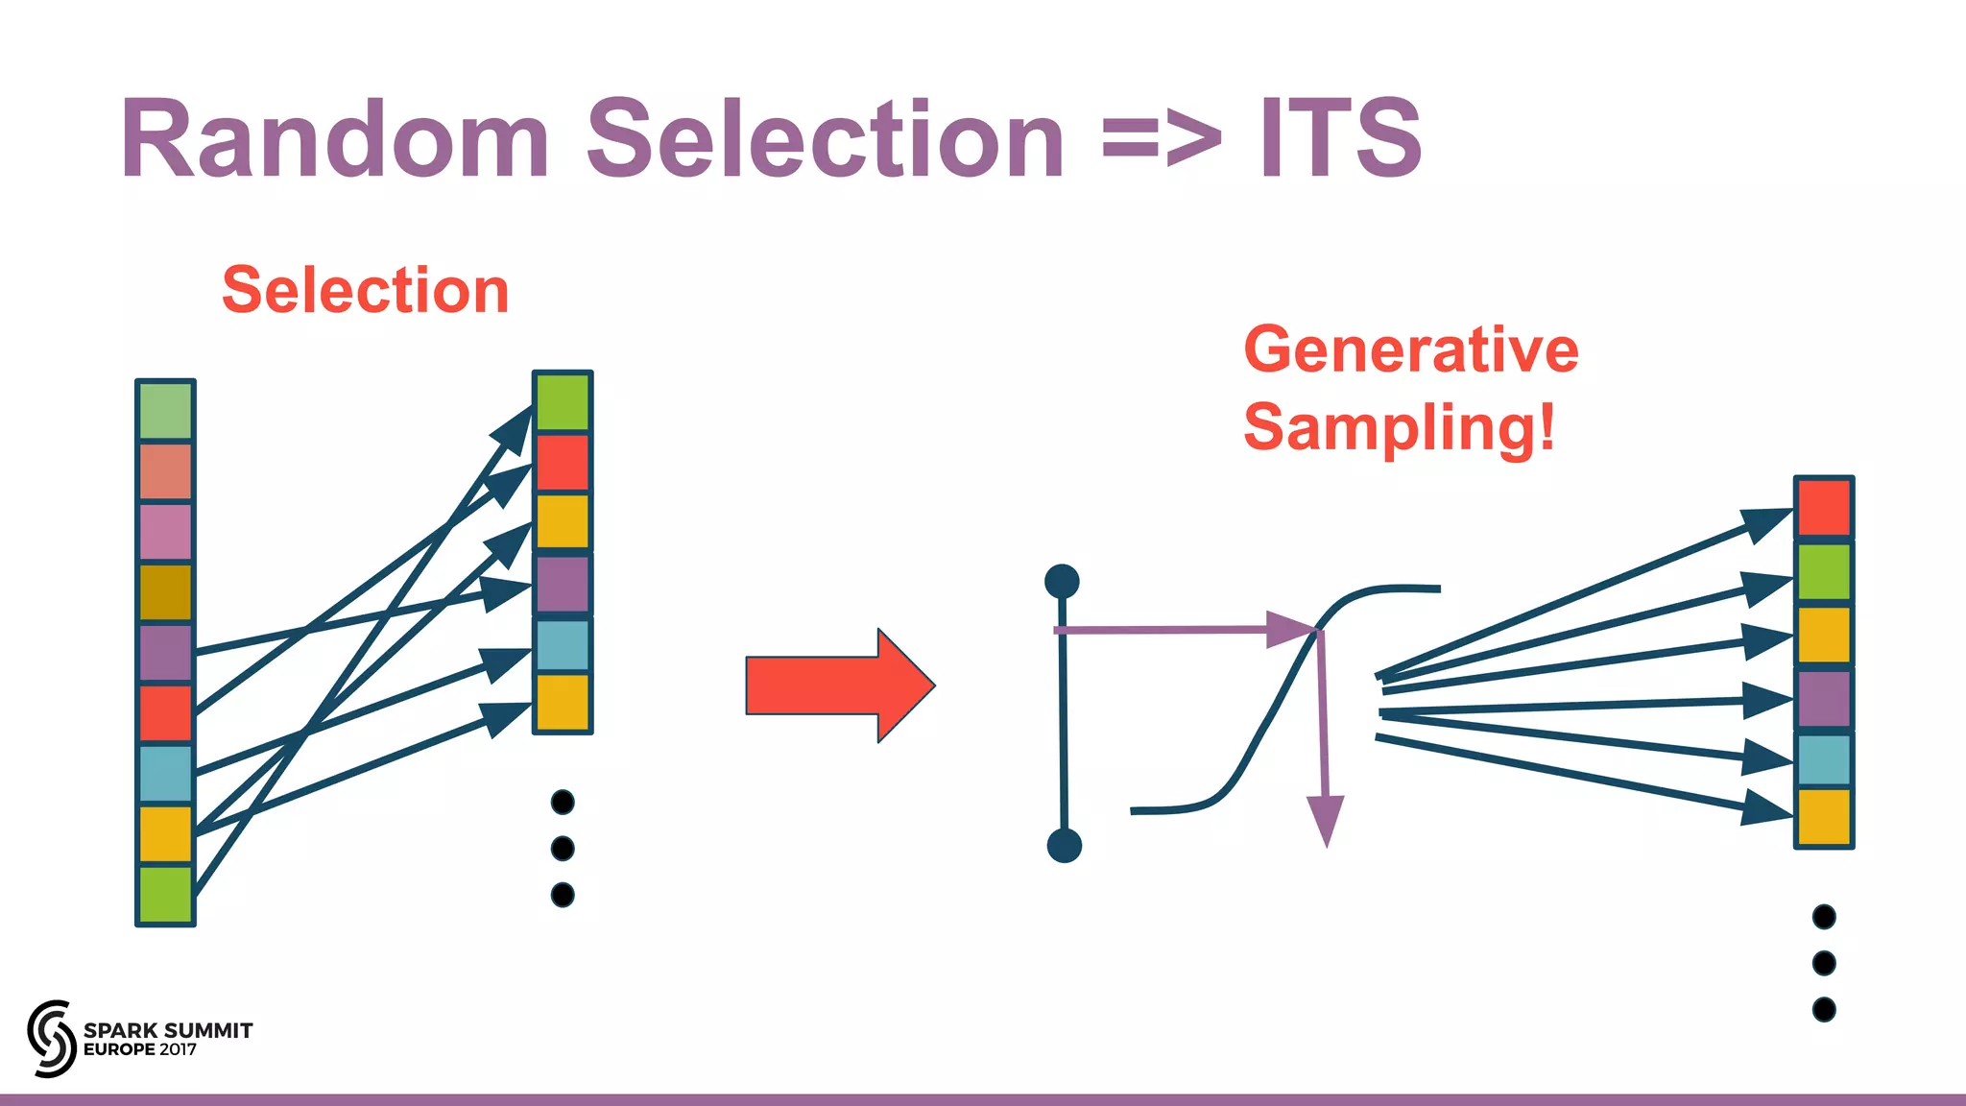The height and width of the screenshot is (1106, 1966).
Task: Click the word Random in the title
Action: coord(335,140)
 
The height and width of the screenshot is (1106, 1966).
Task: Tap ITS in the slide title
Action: coord(1340,140)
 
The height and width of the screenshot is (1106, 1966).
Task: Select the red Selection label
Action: coord(365,290)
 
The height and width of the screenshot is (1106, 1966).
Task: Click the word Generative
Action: coord(1410,349)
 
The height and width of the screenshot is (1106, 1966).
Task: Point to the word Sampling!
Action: coord(1399,427)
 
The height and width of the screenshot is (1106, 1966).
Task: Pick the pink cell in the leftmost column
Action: coord(166,531)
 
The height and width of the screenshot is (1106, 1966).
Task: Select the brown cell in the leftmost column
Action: coord(166,591)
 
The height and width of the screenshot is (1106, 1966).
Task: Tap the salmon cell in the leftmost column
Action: coord(166,471)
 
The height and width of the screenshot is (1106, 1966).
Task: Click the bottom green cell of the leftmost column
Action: coord(166,894)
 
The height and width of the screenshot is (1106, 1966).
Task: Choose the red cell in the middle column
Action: coord(563,462)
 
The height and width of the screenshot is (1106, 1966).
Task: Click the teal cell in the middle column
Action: coord(563,645)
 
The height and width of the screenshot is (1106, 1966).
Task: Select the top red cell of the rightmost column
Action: coord(1824,508)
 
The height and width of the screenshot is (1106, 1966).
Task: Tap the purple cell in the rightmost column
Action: coord(1824,699)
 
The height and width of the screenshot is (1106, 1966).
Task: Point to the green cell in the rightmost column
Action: coord(1824,571)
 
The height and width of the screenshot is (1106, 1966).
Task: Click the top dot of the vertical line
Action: coord(1062,581)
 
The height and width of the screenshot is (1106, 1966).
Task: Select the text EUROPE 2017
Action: coord(140,1049)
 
